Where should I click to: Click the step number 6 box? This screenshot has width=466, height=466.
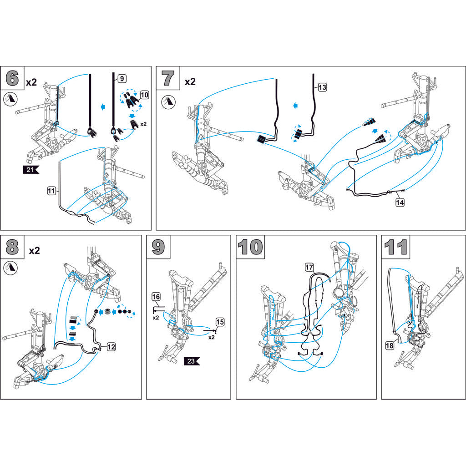click(x=12, y=78)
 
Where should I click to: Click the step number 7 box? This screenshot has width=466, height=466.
click(x=168, y=78)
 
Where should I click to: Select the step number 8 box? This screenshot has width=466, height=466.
click(x=12, y=247)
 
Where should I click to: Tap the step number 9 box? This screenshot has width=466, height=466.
click(x=158, y=247)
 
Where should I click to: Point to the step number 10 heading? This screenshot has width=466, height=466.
click(x=250, y=247)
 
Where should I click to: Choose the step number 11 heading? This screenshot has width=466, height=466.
click(x=395, y=247)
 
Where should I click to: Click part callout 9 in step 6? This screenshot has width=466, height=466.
click(x=122, y=78)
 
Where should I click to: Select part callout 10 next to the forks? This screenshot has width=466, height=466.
click(x=144, y=95)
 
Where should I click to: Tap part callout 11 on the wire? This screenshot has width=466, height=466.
click(x=51, y=191)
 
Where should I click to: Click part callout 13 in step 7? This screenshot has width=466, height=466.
click(x=322, y=87)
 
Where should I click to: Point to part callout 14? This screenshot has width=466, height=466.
click(x=400, y=203)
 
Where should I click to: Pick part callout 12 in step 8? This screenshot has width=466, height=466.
click(x=111, y=347)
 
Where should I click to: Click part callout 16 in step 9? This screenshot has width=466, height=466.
click(x=156, y=297)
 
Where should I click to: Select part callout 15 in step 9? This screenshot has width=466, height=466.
click(x=220, y=322)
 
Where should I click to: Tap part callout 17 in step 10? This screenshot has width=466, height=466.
click(x=309, y=268)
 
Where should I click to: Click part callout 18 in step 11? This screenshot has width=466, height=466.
click(x=390, y=346)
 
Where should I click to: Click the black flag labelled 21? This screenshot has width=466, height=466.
click(x=31, y=170)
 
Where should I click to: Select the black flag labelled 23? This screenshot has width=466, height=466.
click(x=192, y=361)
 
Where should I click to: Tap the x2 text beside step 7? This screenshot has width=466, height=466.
click(x=190, y=81)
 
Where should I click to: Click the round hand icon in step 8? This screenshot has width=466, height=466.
click(x=11, y=268)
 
